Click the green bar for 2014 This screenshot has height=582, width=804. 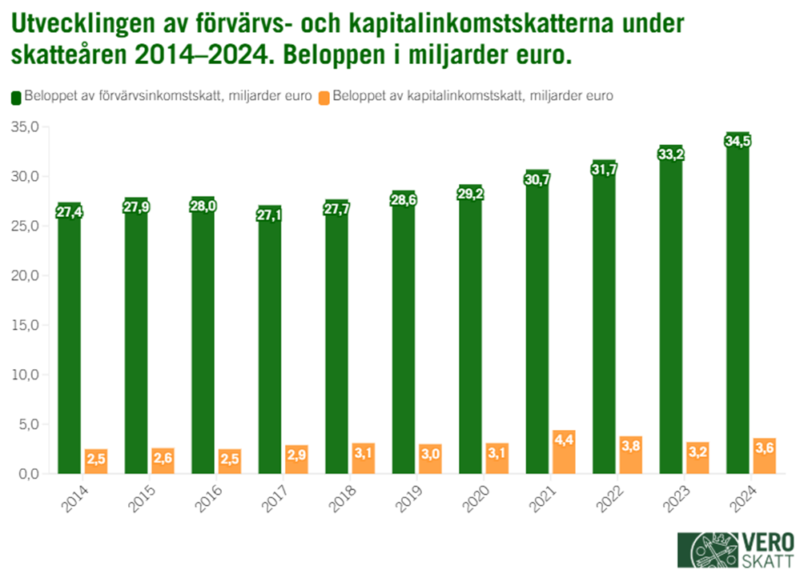tap(69, 344)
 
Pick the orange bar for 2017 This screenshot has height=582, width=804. tap(296, 460)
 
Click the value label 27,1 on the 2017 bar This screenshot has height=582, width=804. tap(270, 215)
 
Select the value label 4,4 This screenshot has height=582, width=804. tap(564, 440)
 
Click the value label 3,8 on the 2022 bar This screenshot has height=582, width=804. tap(630, 445)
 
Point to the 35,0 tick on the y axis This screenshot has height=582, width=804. tap(25, 126)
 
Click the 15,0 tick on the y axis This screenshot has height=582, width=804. tap(25, 325)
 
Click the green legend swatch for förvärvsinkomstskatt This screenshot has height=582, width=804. tap(15, 97)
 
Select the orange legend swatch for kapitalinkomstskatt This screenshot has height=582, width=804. tap(324, 97)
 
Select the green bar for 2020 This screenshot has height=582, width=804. tap(470, 336)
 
